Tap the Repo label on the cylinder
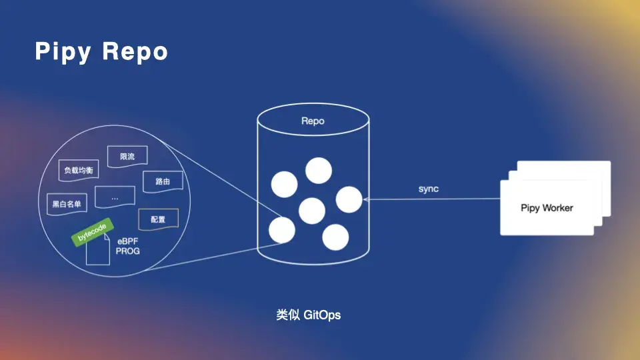313,121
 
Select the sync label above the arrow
429,189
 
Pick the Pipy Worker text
547,208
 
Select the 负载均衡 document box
78,171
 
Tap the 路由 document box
162,181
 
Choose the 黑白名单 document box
66,204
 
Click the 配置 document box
158,219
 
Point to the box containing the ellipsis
115,198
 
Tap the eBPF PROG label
128,246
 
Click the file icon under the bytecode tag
98,253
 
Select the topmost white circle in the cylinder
319,170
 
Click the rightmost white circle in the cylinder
349,199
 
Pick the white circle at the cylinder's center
312,211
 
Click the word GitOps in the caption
322,315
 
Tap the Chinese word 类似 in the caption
287,315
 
